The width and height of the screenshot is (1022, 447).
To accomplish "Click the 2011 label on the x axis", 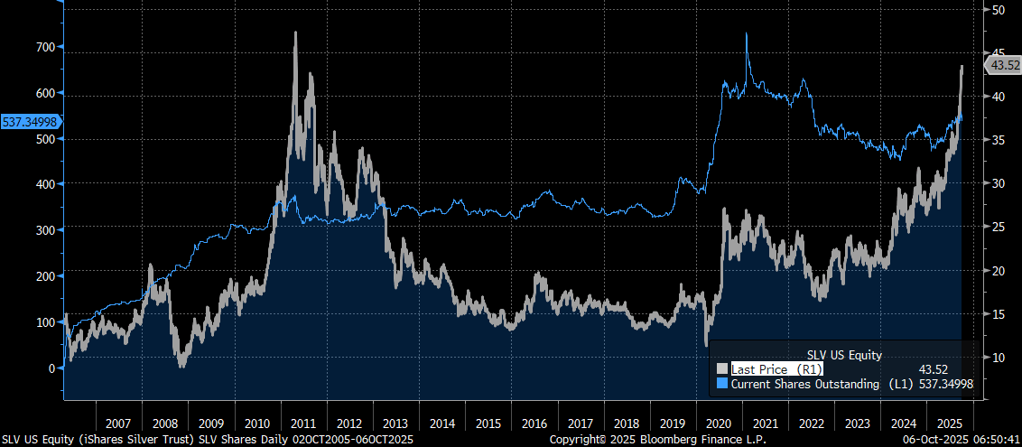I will (303, 423).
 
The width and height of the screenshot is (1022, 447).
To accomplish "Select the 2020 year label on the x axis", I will (718, 423).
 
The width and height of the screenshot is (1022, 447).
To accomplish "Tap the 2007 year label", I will (119, 423).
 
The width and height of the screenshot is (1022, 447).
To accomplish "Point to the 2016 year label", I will (534, 423).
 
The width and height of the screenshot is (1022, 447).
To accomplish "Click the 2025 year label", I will (948, 423).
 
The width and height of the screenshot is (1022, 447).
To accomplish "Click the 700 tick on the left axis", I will (43, 46).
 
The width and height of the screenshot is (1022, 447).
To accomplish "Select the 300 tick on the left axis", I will (43, 229).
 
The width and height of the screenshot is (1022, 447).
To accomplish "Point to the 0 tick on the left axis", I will (51, 368).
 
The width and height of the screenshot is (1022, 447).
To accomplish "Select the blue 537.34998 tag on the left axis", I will (30, 121).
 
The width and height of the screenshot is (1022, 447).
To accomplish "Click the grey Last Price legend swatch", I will (721, 368).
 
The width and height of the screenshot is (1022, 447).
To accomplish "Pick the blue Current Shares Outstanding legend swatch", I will (721, 384).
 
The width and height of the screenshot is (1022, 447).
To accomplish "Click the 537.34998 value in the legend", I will (947, 384).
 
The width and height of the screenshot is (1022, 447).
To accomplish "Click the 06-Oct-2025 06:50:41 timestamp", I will (964, 439).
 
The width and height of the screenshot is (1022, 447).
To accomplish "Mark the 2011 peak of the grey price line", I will (295, 33).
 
